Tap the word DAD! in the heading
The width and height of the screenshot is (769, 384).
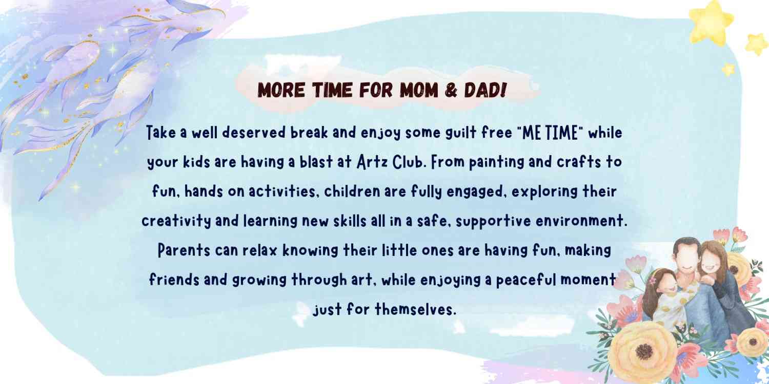pyautogui.click(x=485, y=90)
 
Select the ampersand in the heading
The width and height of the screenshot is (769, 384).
pyautogui.click(x=451, y=90)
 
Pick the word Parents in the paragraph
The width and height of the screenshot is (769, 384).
pyautogui.click(x=184, y=250)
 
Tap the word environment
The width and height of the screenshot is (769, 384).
pyautogui.click(x=581, y=221)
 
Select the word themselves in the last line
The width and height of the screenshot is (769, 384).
pyautogui.click(x=415, y=310)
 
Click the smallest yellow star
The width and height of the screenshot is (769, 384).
pyautogui.click(x=728, y=69)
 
